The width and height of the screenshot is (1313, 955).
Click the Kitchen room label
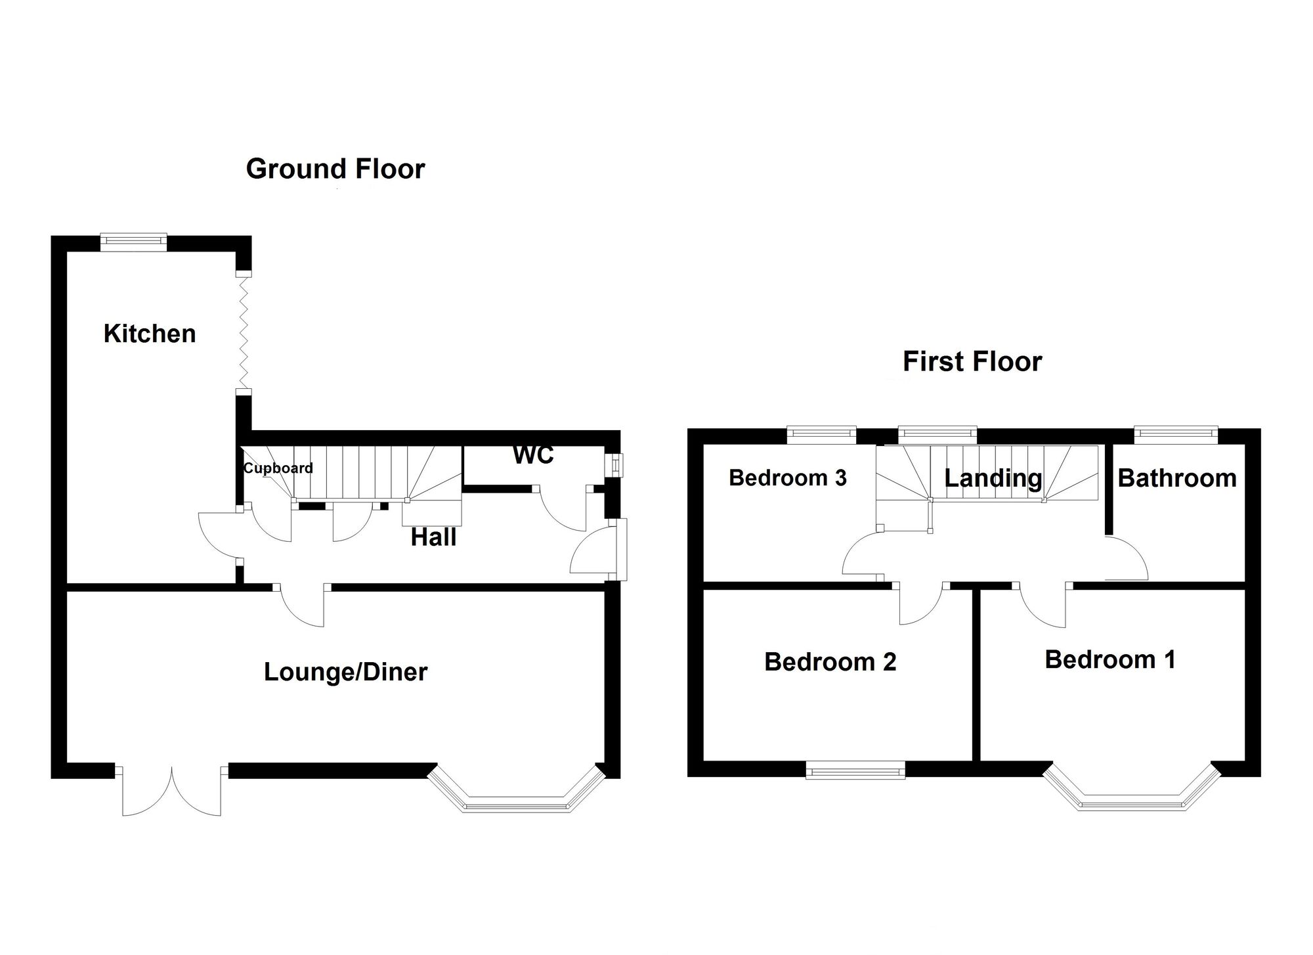coord(150,334)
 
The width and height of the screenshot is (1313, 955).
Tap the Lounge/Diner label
coord(345,672)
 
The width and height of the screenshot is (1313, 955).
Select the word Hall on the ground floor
coord(433,537)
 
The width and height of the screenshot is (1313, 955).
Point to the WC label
coord(533,455)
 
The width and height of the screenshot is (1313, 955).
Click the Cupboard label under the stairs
coord(278,468)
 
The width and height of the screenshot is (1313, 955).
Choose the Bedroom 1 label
coord(1110,659)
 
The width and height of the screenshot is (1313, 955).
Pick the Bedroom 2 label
coord(830,661)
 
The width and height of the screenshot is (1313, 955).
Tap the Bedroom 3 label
coord(788,477)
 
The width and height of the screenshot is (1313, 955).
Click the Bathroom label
coord(1177,478)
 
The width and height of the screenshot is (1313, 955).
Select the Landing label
coord(993,478)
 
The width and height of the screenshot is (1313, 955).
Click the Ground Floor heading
coord(335,169)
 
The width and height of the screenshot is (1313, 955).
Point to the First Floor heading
coord(972,361)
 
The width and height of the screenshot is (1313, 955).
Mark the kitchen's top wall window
coord(133,242)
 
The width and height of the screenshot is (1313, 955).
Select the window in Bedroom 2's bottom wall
coord(855,770)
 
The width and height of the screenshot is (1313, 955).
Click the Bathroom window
coord(1176,435)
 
